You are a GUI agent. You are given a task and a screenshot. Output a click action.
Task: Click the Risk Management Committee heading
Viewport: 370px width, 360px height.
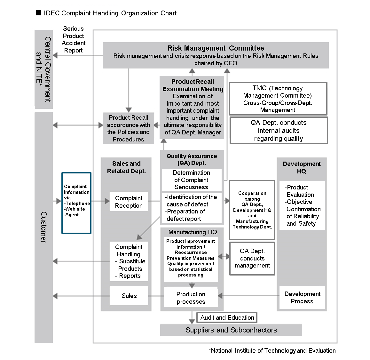tap(216, 48)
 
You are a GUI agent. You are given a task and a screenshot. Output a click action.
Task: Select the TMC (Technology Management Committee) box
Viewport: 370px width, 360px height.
tap(278, 99)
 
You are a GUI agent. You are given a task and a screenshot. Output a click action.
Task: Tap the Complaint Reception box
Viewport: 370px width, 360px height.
tap(129, 202)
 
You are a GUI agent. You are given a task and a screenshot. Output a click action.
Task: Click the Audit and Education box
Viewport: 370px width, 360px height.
tap(227, 317)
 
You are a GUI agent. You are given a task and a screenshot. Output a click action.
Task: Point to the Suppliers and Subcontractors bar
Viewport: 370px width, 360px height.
tap(231, 330)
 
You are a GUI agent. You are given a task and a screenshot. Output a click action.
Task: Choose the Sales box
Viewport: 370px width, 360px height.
tap(129, 296)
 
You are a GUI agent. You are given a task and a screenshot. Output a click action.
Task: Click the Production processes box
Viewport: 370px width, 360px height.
tap(191, 298)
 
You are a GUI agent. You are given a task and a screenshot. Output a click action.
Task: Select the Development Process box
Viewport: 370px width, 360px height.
tap(302, 298)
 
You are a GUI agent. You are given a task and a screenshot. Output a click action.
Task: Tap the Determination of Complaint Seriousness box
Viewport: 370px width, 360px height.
tap(191, 180)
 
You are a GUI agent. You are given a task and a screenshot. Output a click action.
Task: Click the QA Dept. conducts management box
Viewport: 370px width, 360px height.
tap(252, 258)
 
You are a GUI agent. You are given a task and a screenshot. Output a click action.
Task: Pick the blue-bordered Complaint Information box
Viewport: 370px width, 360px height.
tap(76, 203)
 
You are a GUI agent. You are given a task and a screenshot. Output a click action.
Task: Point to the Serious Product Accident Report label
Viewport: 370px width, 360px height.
tap(73, 39)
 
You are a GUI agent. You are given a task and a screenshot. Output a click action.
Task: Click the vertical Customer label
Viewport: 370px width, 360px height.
tap(43, 227)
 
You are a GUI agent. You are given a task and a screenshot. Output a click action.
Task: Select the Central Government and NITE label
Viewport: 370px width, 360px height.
tap(43, 69)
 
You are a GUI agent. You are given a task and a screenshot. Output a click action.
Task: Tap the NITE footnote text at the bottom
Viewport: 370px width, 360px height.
tap(272, 350)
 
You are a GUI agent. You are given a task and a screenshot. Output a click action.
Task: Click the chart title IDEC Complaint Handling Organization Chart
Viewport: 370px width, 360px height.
tap(110, 13)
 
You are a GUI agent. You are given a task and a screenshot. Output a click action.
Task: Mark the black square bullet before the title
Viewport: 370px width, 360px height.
tap(38, 13)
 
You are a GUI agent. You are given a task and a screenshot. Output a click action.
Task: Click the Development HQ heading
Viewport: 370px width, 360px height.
tap(302, 167)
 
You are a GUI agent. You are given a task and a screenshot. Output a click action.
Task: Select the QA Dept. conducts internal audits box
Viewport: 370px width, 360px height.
tap(279, 131)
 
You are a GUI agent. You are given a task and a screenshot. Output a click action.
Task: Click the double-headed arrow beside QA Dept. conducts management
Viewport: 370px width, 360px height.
tap(224, 256)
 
